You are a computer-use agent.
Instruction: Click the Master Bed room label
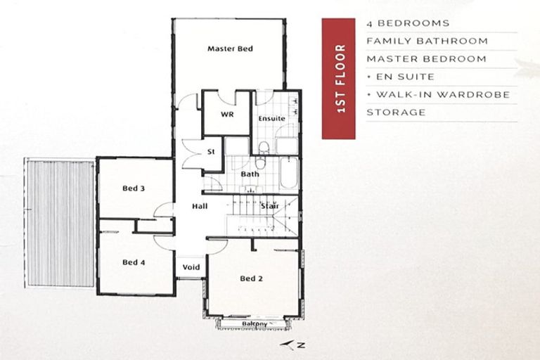tap(229, 49)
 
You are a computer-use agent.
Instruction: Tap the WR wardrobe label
tap(226, 114)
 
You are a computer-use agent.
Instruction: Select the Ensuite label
tap(271, 118)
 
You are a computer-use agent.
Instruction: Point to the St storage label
tap(210, 152)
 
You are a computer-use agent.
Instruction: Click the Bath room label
tap(250, 174)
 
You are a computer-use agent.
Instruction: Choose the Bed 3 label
tap(134, 188)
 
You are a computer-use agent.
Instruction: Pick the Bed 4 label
tap(134, 262)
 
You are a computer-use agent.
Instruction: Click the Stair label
tap(270, 206)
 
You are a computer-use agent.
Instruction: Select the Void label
tap(191, 268)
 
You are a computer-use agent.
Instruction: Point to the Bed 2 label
tap(251, 278)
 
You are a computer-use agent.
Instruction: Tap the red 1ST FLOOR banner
tap(340, 78)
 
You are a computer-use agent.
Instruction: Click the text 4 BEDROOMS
tap(407, 23)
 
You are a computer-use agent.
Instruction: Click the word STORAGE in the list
tap(395, 112)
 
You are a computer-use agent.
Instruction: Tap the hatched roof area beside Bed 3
tap(60, 222)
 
